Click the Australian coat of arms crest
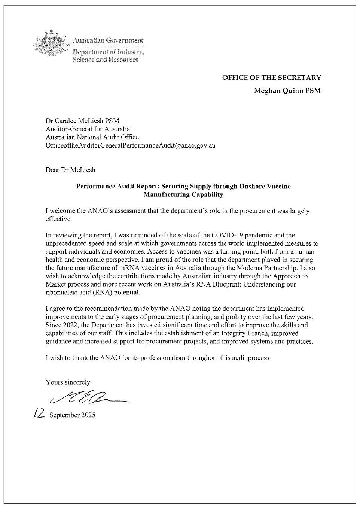(x=51, y=45)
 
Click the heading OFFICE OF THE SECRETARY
(x=271, y=78)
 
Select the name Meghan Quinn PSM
(x=287, y=91)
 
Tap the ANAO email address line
(x=130, y=145)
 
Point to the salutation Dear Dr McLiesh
(x=70, y=170)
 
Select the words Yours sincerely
(x=68, y=382)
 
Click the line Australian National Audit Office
(x=92, y=137)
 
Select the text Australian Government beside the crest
(x=108, y=40)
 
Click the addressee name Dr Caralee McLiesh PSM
(x=82, y=121)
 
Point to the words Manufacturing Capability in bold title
(x=183, y=194)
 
